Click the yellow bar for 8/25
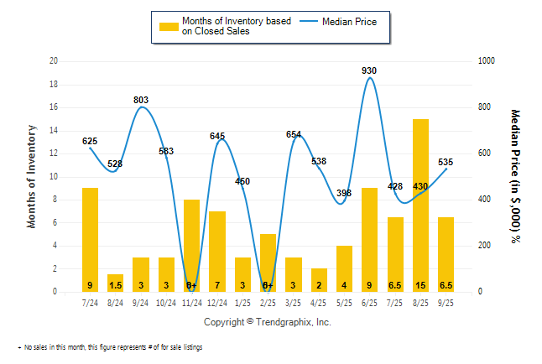420,205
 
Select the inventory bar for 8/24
115,283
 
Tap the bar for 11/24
191,245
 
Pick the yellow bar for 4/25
319,279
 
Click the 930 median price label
369,70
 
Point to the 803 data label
141,100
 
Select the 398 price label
343,193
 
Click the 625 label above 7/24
90,141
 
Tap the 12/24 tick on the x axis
216,302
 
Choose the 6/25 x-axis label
369,302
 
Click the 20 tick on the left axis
54,61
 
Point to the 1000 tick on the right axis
487,61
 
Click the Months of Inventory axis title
32,176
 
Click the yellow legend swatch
168,26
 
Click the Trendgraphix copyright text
267,322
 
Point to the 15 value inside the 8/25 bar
420,284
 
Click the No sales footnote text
112,346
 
